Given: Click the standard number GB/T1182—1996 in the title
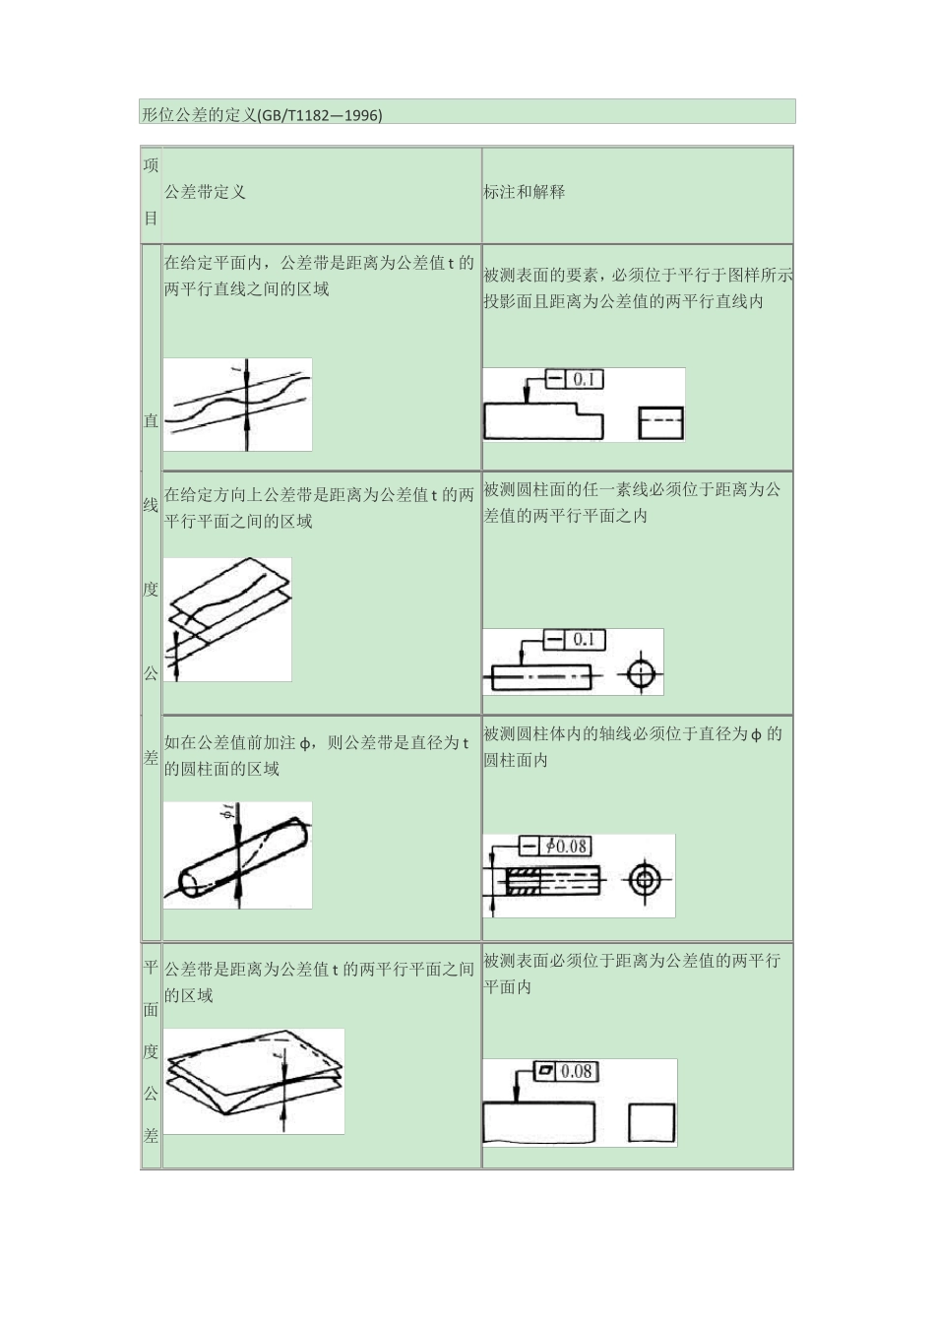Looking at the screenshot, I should [320, 115].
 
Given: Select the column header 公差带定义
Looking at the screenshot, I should [205, 192].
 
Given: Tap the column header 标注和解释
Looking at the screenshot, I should [524, 192].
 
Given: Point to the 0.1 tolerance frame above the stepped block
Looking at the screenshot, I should [574, 379].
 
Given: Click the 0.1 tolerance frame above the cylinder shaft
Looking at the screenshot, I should [574, 640].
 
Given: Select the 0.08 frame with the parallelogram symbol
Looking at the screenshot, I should [564, 1071].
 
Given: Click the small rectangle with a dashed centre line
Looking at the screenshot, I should [660, 422].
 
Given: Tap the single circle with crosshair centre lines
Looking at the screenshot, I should [641, 674].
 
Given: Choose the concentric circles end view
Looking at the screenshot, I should [645, 879].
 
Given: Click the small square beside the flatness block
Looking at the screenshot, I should [652, 1123].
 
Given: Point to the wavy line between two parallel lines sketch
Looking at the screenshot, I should [237, 405].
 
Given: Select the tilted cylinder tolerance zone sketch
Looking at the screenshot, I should [237, 855].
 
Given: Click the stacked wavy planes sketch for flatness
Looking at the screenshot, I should [253, 1081].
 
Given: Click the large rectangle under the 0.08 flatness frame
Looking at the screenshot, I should [538, 1123].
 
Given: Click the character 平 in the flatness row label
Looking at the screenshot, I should [151, 968].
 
